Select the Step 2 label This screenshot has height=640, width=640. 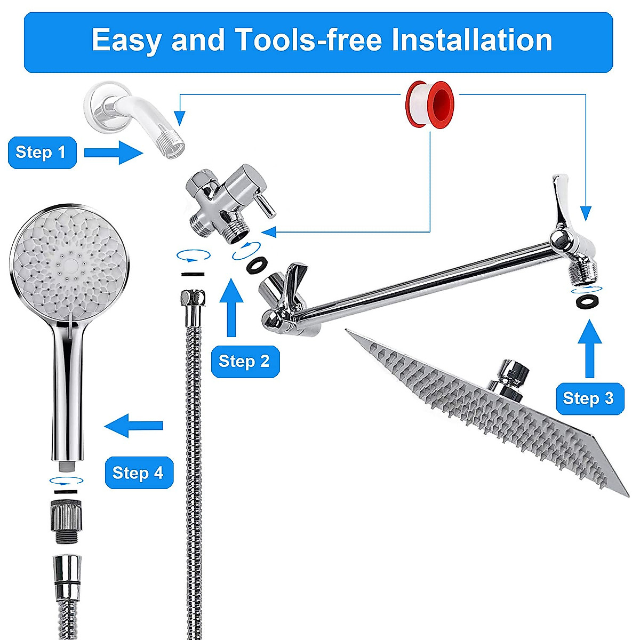point(245,362)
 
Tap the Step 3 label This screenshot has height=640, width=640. point(589,398)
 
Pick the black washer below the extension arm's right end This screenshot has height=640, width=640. point(587,300)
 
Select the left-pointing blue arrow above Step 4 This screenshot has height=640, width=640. point(134,425)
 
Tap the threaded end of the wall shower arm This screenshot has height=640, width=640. point(173,146)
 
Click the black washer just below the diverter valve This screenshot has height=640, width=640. point(258,264)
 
